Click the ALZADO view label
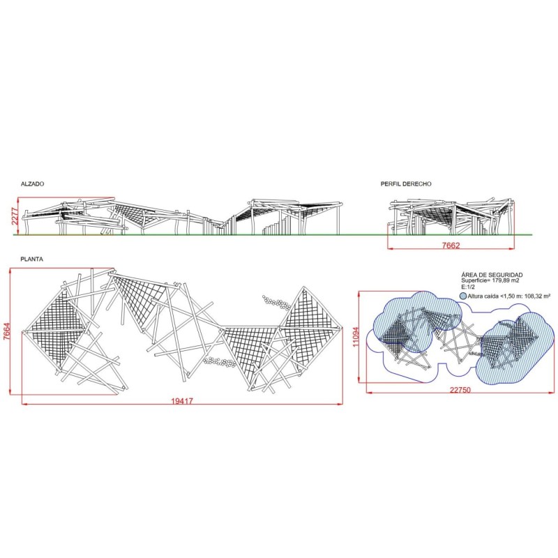(x=32, y=184)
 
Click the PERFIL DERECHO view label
(x=406, y=184)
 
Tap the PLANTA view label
(x=31, y=259)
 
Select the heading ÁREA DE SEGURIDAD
(x=492, y=275)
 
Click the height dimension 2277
(x=15, y=217)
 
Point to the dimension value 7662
(x=451, y=246)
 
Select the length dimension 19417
(x=182, y=401)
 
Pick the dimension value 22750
(x=460, y=390)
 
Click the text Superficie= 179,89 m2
(x=490, y=280)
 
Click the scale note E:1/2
(x=468, y=287)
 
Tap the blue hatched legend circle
(x=463, y=296)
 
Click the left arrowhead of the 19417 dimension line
(x=24, y=404)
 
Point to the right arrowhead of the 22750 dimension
(x=552, y=393)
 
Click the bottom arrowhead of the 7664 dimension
(x=10, y=392)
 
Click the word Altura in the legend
(x=476, y=296)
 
